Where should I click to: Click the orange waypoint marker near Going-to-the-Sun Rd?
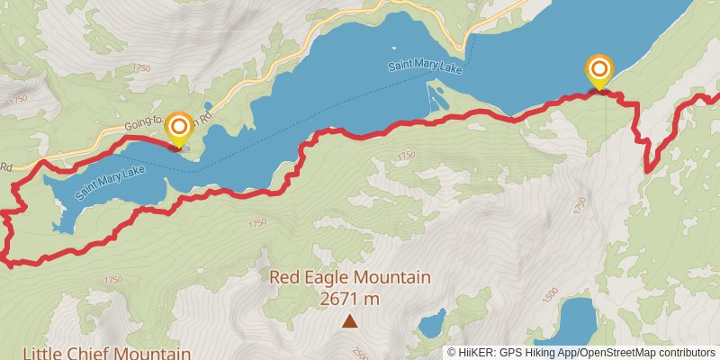click(x=179, y=127)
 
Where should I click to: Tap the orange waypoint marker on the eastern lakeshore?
click(x=599, y=69)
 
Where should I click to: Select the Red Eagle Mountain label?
click(x=350, y=277)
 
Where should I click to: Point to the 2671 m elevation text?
click(x=350, y=298)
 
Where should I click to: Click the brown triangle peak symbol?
click(x=349, y=320)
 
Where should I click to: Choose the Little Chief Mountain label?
click(x=106, y=353)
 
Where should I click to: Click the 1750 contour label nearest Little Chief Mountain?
click(x=112, y=280)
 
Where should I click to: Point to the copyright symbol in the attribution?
click(x=452, y=353)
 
